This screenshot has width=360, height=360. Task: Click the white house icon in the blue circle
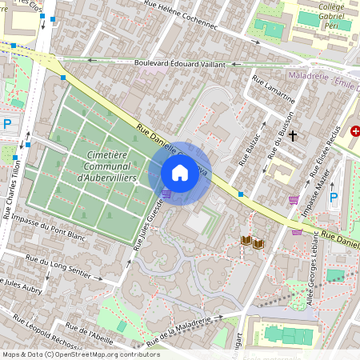(x=180, y=172)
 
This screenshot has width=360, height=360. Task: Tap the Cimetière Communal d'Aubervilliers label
(x=98, y=165)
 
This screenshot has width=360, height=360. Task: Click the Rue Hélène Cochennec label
(x=181, y=14)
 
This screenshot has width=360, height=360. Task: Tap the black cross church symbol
(x=293, y=137)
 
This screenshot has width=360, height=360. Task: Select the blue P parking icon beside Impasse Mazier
(x=334, y=197)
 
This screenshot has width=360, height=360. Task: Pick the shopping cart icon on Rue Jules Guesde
(x=166, y=193)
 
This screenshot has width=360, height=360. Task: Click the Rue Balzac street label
(x=250, y=144)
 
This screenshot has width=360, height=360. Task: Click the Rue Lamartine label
(x=274, y=90)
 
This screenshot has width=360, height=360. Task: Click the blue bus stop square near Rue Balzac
(x=240, y=194)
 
